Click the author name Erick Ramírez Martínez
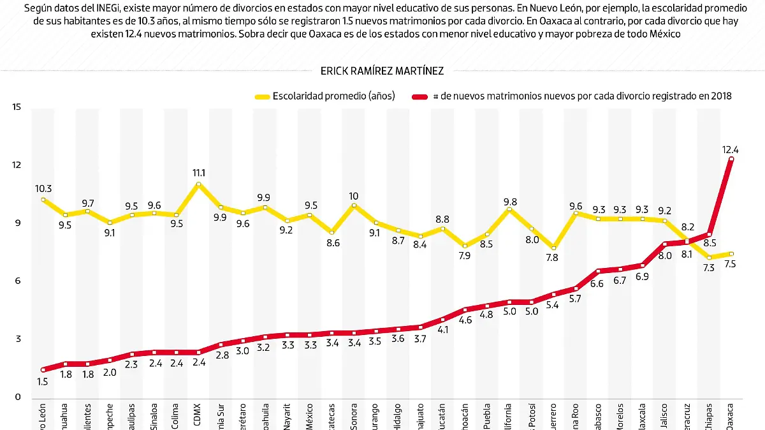pyautogui.click(x=382, y=71)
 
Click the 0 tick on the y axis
pyautogui.click(x=17, y=397)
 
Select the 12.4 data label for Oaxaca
pyautogui.click(x=731, y=149)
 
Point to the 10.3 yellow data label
pyautogui.click(x=43, y=188)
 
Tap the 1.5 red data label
pyautogui.click(x=43, y=382)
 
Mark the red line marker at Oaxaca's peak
pyautogui.click(x=731, y=159)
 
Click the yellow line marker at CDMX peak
pyautogui.click(x=198, y=184)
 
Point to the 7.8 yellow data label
pyautogui.click(x=552, y=258)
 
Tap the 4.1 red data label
pyautogui.click(x=442, y=330)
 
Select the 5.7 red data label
pyautogui.click(x=574, y=299)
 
